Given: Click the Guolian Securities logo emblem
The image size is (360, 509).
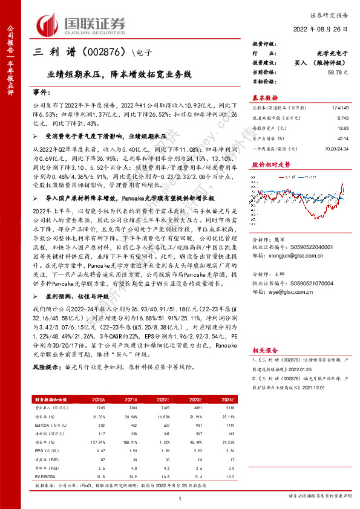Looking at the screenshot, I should pos(49,24).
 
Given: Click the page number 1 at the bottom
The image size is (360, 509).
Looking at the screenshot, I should pos(180,498).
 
